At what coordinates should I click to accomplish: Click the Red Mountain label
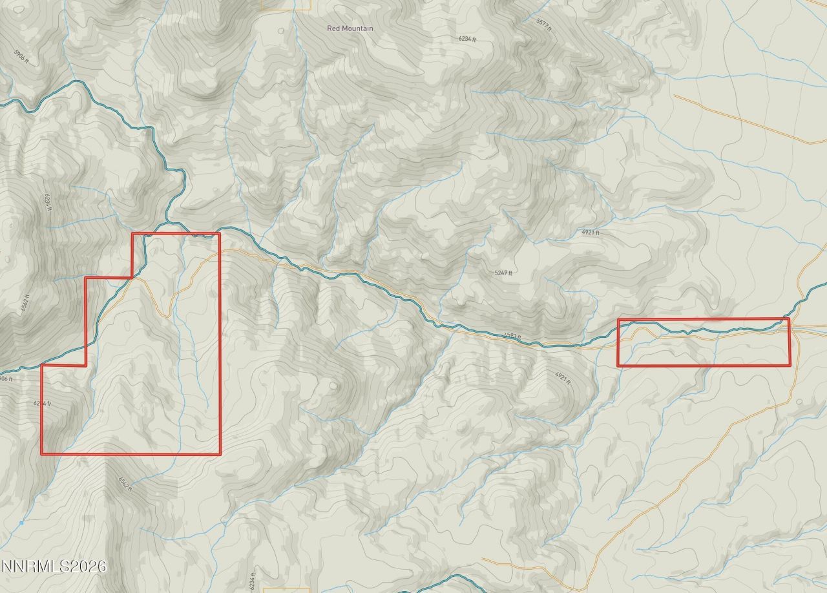coord(350,28)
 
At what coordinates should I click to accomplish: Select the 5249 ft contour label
coord(503,273)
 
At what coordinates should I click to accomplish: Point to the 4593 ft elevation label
coord(512,336)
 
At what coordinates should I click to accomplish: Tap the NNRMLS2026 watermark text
coord(54,567)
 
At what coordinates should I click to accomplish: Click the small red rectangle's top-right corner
coord(789,319)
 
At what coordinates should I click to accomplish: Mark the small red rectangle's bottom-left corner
coord(618,366)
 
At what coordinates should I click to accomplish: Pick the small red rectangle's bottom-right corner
coord(789,366)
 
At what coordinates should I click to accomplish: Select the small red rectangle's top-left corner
coord(618,319)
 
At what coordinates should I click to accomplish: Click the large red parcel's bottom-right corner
coord(220,454)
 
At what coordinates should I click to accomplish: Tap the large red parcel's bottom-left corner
coord(42,454)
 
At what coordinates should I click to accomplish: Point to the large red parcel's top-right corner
coord(220,233)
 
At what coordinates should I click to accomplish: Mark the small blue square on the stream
coord(21,523)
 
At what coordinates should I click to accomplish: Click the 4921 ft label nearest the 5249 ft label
coord(591,233)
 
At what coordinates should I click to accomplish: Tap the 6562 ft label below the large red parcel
coord(124,484)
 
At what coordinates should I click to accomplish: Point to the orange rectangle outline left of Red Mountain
coord(286,5)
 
